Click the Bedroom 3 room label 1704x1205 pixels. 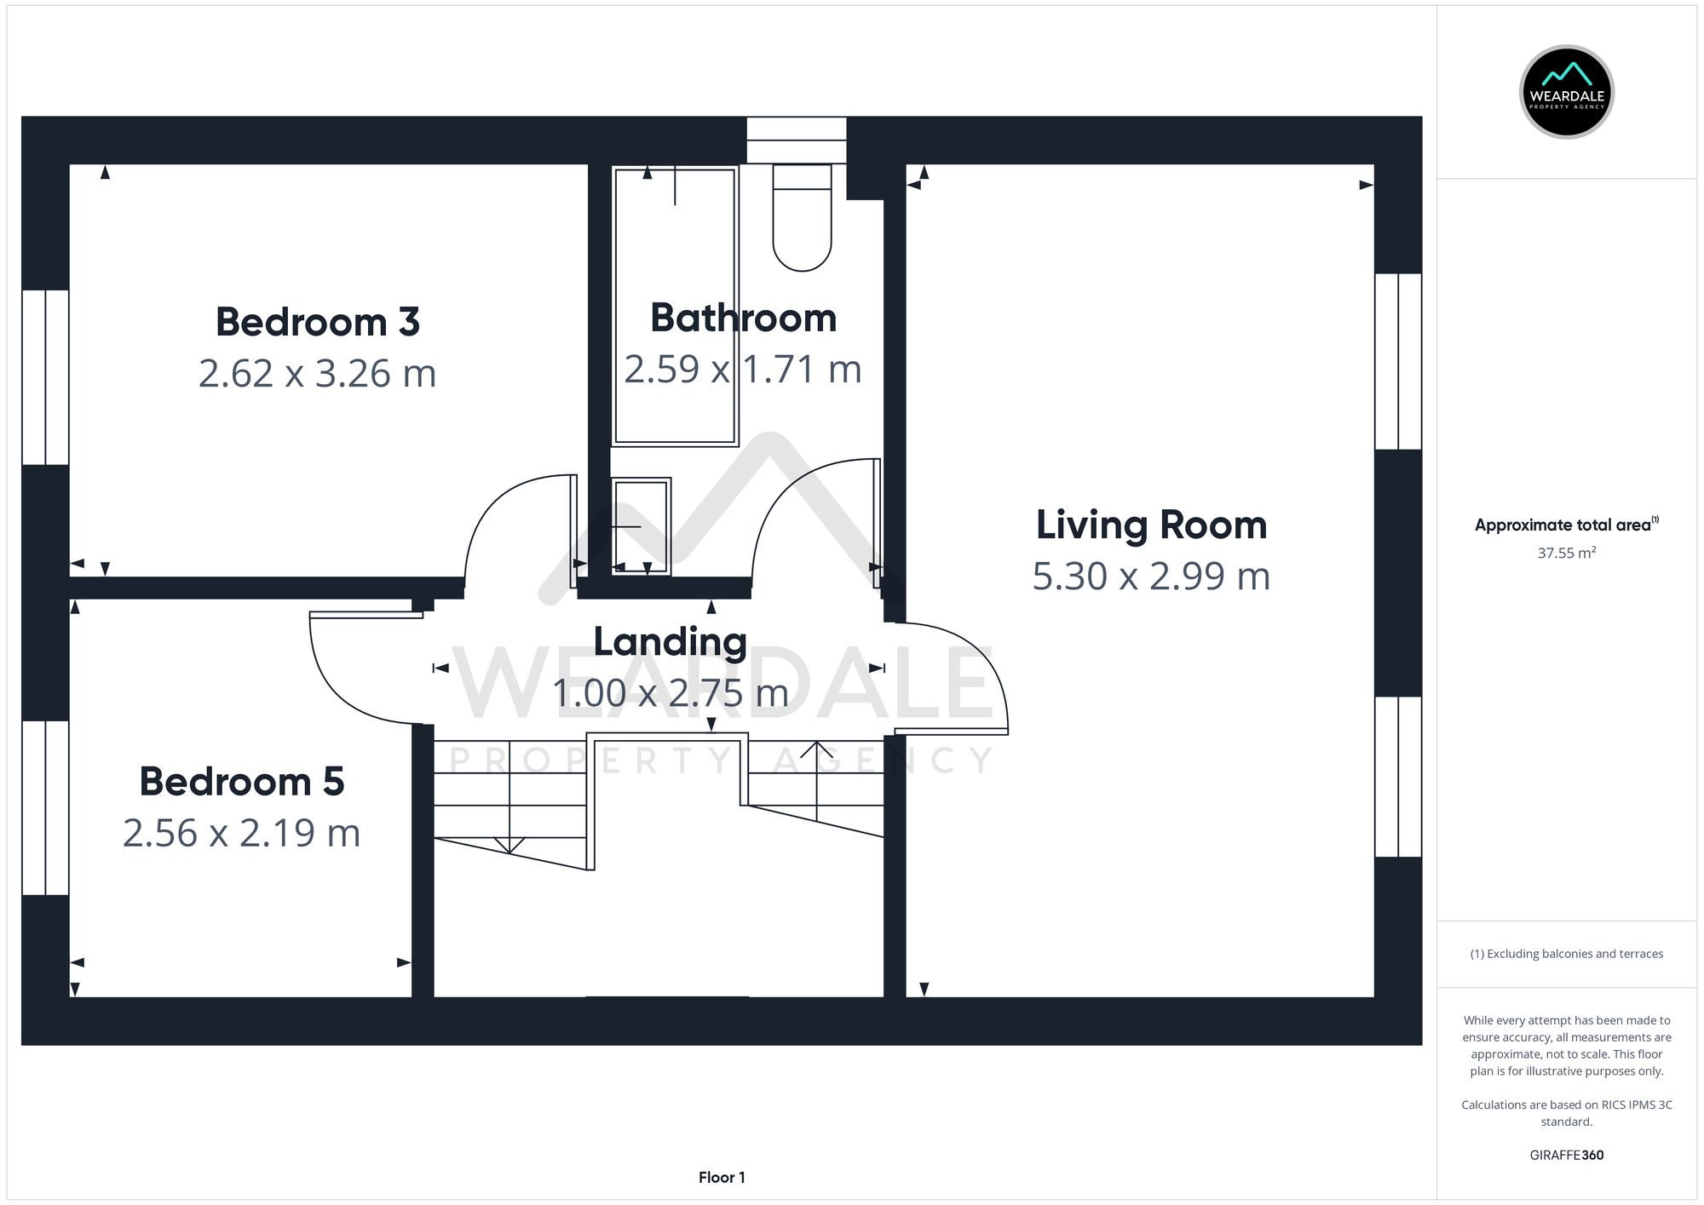coord(317,323)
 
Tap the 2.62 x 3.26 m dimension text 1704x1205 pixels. coord(317,374)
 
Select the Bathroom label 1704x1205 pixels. coord(743,318)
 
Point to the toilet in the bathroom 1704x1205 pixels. coord(802,221)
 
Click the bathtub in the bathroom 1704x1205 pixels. coord(675,307)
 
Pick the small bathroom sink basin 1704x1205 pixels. coord(642,525)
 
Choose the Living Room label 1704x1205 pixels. coord(1151,525)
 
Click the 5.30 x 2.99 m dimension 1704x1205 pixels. coord(1151,577)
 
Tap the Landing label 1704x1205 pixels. coord(670,642)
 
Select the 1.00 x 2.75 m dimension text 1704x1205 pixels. coord(670,693)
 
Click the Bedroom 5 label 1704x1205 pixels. coord(242,782)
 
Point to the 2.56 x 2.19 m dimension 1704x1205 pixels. coord(242,833)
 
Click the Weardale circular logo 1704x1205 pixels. coord(1566,92)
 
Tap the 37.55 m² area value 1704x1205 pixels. coord(1566,554)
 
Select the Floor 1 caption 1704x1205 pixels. coord(722,1178)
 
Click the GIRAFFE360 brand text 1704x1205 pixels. coord(1566,1156)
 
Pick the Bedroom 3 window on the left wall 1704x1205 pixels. coord(45,377)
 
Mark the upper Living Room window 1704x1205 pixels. coord(1398,361)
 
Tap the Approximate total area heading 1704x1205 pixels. coord(1566,525)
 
